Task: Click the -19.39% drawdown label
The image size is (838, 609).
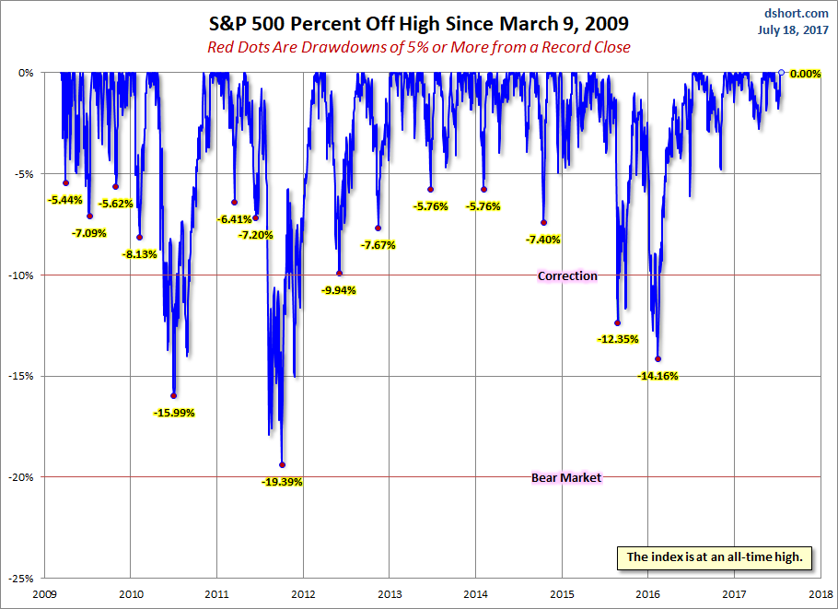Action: click(x=282, y=482)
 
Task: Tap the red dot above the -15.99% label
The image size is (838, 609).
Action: click(x=174, y=395)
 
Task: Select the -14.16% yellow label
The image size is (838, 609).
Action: click(x=658, y=376)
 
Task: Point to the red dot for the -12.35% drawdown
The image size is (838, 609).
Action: click(x=617, y=322)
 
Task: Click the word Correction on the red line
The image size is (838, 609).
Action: click(x=567, y=275)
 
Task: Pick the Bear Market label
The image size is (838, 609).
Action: click(x=566, y=477)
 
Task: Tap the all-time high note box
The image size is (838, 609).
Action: click(x=716, y=556)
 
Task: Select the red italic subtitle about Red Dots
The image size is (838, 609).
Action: click(x=418, y=47)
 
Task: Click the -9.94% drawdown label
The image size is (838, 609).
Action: click(x=339, y=289)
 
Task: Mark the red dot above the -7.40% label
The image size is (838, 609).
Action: click(x=543, y=222)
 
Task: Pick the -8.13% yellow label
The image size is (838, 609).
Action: click(x=140, y=253)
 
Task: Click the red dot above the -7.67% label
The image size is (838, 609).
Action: click(x=378, y=228)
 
